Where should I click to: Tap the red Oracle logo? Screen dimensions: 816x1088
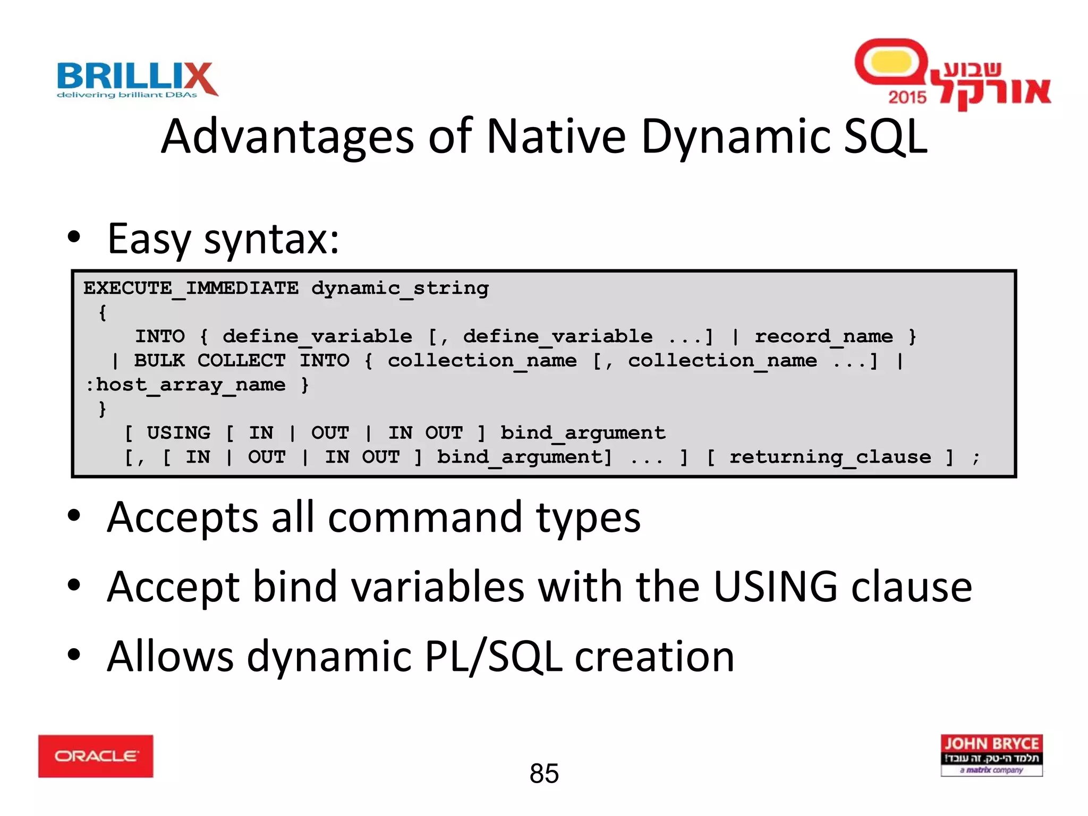tap(96, 756)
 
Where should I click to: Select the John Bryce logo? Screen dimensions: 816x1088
tap(991, 755)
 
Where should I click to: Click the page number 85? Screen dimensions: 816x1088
tap(544, 773)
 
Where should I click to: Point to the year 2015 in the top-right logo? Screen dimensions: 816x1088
tap(907, 97)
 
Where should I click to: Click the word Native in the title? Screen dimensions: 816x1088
tap(556, 137)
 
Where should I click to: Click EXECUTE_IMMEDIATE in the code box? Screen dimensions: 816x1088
tap(191, 288)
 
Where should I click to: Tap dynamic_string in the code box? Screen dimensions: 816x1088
tap(399, 288)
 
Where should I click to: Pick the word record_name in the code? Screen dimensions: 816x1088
tap(823, 337)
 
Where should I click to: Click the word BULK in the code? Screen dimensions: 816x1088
tap(159, 361)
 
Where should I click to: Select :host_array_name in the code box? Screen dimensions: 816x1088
tap(185, 385)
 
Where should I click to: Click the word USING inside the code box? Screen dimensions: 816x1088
tap(178, 433)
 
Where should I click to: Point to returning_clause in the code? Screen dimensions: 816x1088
tap(830, 457)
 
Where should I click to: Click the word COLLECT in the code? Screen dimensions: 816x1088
tap(241, 361)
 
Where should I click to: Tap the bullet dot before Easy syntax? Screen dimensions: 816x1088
tap(74, 237)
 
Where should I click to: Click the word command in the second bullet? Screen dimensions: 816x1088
tap(424, 518)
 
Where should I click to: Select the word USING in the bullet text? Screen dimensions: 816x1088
tap(775, 587)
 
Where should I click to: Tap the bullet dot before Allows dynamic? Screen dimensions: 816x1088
tap(74, 654)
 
